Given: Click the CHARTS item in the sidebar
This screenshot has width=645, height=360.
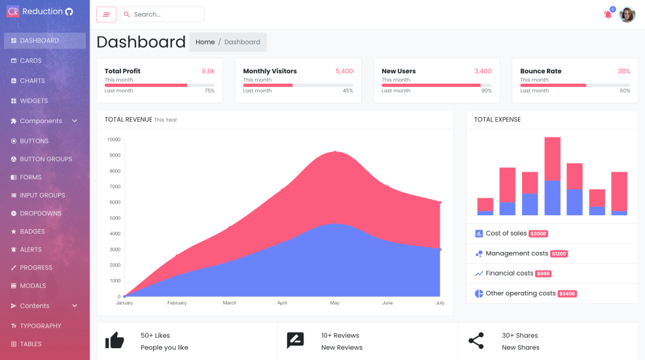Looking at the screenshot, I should [32, 81].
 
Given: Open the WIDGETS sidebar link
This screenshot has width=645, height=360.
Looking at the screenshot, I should [33, 101].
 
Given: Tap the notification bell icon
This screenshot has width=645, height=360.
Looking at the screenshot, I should [608, 14].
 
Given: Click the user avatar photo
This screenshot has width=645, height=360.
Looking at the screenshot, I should [627, 14].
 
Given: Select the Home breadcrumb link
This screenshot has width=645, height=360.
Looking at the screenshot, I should [205, 42].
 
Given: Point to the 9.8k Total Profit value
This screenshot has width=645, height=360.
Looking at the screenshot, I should [208, 71].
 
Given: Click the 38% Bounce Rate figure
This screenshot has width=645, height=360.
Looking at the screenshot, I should [623, 71].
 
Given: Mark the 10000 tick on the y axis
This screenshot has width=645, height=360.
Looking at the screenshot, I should [114, 139].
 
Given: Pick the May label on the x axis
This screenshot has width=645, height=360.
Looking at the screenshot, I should [335, 303].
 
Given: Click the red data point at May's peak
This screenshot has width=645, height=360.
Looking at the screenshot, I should [335, 152].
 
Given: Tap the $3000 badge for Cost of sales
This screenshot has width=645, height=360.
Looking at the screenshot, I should [538, 234].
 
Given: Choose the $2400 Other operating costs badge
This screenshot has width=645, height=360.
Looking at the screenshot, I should [567, 294].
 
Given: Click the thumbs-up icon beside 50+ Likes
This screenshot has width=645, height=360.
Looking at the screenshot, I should [114, 340].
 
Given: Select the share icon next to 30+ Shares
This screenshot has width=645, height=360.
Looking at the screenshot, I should [476, 340].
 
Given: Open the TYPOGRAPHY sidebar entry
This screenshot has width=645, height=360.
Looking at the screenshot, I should [40, 326].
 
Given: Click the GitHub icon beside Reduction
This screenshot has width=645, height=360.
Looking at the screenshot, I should [69, 11].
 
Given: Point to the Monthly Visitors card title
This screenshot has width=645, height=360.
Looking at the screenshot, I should [270, 71].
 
